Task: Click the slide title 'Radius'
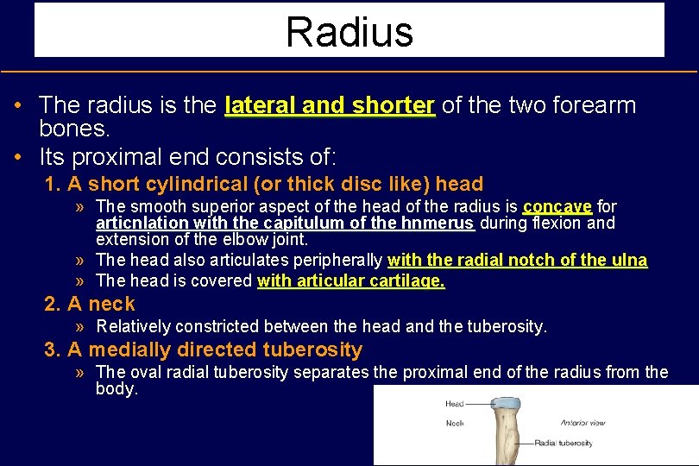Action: (x=349, y=32)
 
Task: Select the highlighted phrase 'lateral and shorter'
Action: (x=329, y=106)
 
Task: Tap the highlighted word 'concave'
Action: (x=557, y=206)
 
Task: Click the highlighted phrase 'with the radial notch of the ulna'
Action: (x=517, y=261)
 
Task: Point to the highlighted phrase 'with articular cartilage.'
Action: (x=351, y=280)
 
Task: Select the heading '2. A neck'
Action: (x=90, y=304)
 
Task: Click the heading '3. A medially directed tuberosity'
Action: (x=204, y=350)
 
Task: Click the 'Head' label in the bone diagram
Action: (x=454, y=404)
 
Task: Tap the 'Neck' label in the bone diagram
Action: (x=454, y=423)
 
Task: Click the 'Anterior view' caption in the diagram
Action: (x=584, y=423)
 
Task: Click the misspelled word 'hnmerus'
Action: (x=444, y=224)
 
